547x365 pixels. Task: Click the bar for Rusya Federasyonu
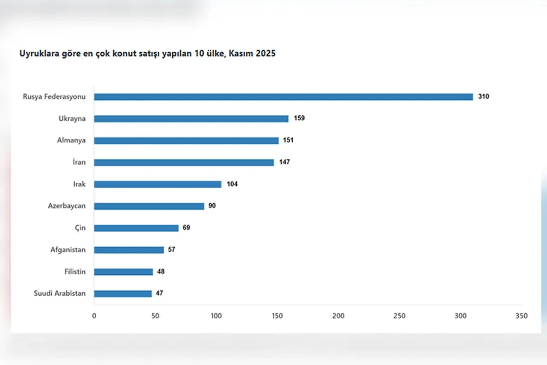click(283, 97)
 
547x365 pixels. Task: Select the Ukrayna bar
click(191, 119)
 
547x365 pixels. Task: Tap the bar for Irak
click(158, 184)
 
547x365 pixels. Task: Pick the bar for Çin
click(136, 228)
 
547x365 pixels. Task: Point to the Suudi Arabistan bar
click(123, 294)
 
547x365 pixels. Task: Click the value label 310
click(484, 97)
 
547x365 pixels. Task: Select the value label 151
click(288, 140)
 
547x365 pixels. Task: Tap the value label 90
click(212, 206)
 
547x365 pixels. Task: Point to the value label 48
click(161, 271)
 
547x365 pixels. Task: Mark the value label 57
click(171, 249)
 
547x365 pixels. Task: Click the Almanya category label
click(71, 140)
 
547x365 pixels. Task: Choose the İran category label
click(79, 162)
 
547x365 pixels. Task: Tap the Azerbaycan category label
click(67, 206)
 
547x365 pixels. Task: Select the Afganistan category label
click(68, 249)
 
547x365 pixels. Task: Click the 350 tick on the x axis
click(522, 316)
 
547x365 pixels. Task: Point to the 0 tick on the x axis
click(94, 316)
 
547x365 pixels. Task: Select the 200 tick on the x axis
click(338, 316)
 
